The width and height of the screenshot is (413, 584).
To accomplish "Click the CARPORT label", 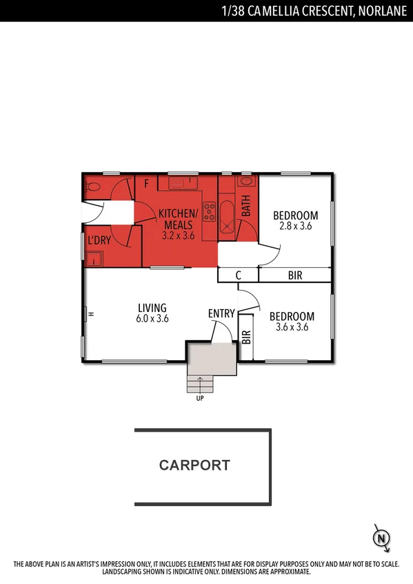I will click(x=194, y=465).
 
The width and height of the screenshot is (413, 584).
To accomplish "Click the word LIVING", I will click(x=152, y=308).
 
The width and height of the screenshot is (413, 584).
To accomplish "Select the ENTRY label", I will click(x=221, y=313).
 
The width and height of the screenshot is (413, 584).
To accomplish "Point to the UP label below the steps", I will click(x=200, y=397).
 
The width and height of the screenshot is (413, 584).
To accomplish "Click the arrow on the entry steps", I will click(x=200, y=380).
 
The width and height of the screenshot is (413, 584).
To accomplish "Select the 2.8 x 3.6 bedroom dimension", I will click(x=295, y=225).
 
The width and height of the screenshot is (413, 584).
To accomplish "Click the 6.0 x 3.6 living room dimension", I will click(x=152, y=319).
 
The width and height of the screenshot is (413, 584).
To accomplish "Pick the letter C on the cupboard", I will click(x=238, y=275).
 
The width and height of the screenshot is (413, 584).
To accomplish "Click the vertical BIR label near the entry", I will click(x=246, y=337).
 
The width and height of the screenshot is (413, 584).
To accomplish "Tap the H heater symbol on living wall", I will click(x=90, y=315).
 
